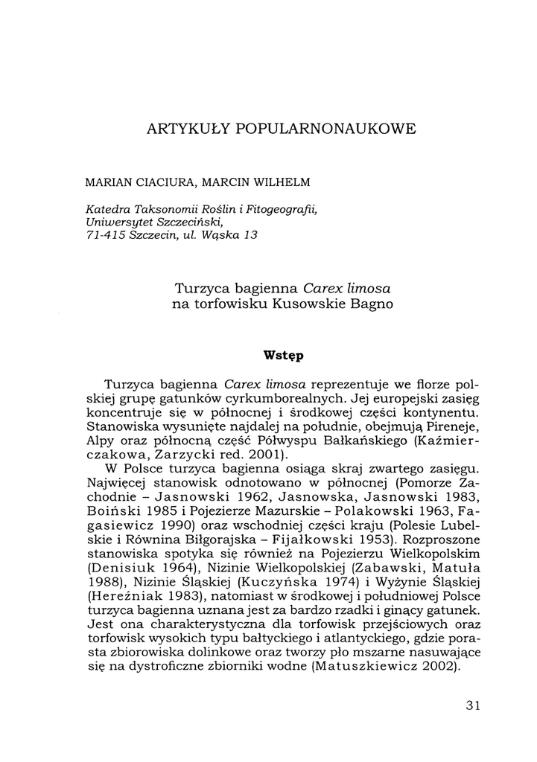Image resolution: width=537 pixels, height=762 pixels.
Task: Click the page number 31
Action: coord(474,705)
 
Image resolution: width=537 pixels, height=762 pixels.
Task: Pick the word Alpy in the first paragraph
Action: coord(102,441)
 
